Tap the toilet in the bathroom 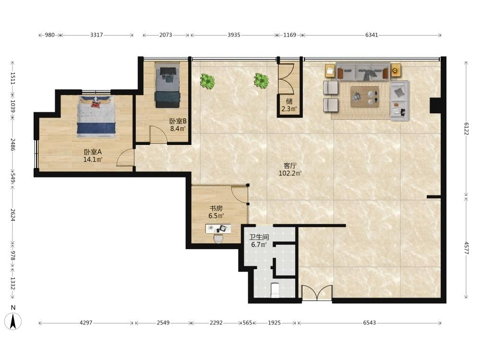point(275,290)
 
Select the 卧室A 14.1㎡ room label point(93,156)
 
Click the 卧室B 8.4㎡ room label point(178,125)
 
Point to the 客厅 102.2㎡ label point(290,169)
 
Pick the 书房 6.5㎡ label point(216,212)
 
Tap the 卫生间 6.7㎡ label point(259,240)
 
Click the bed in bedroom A point(96,116)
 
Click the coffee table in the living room point(365,96)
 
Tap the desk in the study point(218,228)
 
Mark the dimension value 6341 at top point(372,35)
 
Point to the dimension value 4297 point(86,323)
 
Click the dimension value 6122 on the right point(466,129)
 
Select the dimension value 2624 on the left point(12,215)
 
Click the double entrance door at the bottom point(317,293)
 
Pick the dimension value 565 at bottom point(247,323)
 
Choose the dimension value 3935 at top point(234,35)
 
